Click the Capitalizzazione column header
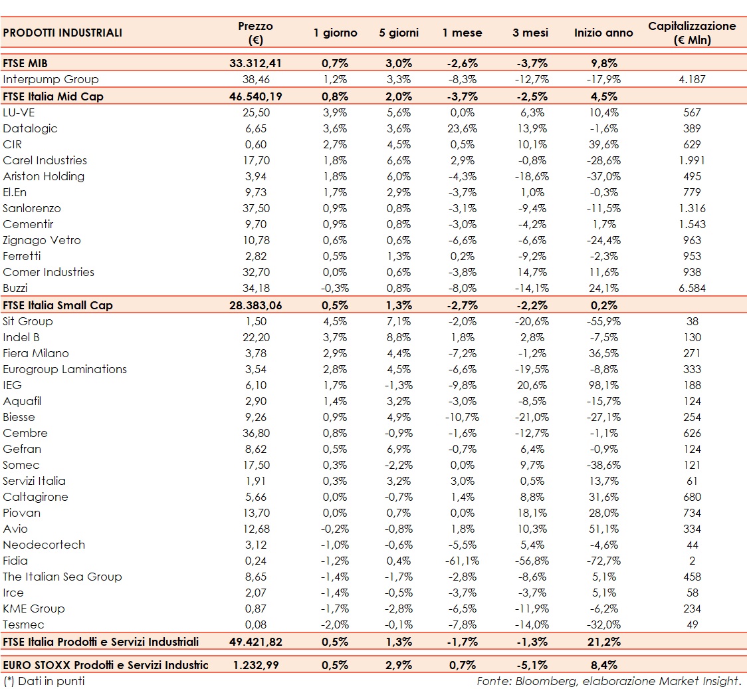pyautogui.click(x=692, y=33)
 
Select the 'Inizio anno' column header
pyautogui.click(x=603, y=33)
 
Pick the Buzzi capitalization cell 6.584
pyautogui.click(x=692, y=288)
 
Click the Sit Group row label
pyautogui.click(x=28, y=321)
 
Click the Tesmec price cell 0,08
pyautogui.click(x=255, y=624)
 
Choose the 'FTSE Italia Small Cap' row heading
pyautogui.click(x=58, y=305)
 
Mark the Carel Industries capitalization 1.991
pyautogui.click(x=692, y=160)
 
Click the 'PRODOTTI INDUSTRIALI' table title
pyautogui.click(x=62, y=33)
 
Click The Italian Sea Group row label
pyautogui.click(x=62, y=577)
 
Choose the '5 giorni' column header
pyautogui.click(x=399, y=33)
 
